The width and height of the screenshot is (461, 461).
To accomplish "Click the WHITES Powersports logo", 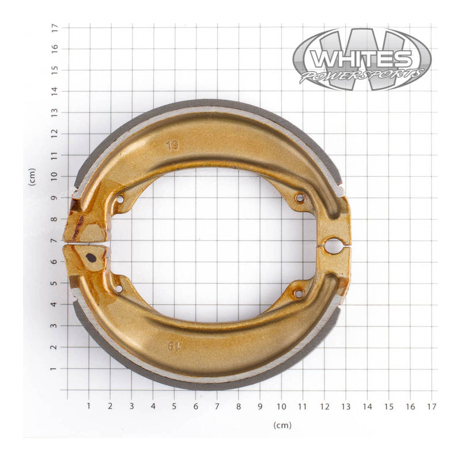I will tap(361, 59).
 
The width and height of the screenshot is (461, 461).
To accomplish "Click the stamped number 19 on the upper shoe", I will tap(172, 146).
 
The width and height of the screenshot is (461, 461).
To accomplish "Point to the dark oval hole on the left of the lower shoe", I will tap(91, 258).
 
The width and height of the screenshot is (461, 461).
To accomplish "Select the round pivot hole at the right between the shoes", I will tap(332, 246).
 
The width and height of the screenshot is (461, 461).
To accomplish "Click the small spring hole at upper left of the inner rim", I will tap(120, 199).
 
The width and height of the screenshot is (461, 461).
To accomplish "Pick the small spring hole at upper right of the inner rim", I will tap(299, 198).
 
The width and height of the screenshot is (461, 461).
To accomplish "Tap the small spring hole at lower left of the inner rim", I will tap(118, 288).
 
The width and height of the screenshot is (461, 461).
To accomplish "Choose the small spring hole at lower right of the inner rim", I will tap(298, 294).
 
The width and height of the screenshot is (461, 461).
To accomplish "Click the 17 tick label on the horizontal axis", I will tap(432, 406).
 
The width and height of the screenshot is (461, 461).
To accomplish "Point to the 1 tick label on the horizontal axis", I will tap(89, 406).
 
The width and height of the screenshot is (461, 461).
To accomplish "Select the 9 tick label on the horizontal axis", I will tap(260, 406).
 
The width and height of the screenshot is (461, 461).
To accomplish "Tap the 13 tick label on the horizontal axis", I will tap(346, 406).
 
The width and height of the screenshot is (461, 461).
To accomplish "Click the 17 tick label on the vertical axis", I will tap(55, 27).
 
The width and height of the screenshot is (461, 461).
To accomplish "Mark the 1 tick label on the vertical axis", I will tap(55, 369).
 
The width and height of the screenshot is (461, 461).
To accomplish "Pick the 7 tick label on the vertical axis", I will tap(55, 240).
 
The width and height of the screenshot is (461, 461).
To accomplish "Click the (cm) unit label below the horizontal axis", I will tap(282, 425).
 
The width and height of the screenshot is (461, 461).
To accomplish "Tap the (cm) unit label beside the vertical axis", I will tap(32, 177).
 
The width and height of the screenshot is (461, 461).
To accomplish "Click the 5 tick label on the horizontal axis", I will tap(174, 406).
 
